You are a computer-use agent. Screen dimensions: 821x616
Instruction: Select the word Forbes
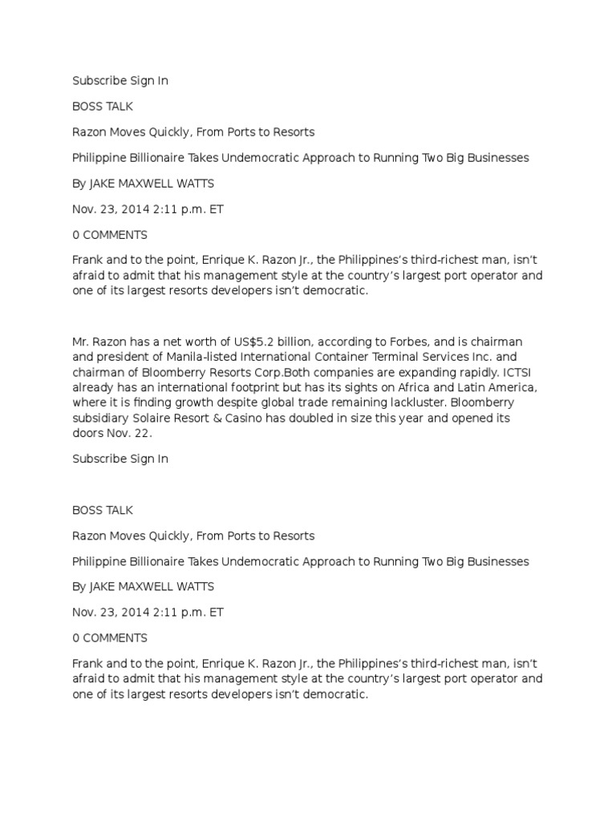point(384,342)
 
